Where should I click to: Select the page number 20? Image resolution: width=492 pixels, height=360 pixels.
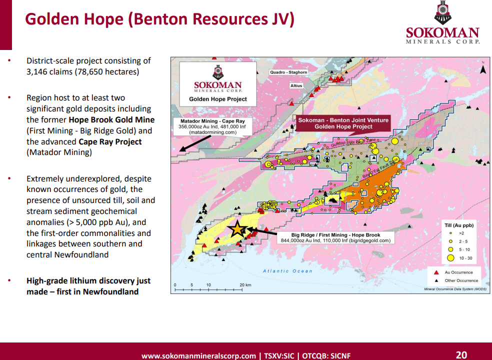(461, 354)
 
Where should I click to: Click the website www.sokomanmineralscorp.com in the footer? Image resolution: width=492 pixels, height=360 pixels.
(198, 356)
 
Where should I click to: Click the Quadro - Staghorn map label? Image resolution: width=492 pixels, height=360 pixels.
(288, 72)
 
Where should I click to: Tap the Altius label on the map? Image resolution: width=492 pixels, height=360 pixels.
(296, 86)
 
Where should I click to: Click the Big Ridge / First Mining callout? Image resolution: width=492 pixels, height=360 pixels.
(335, 237)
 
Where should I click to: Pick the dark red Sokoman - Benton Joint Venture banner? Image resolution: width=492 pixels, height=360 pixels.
(343, 123)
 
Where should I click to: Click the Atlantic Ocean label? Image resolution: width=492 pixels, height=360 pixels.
(287, 271)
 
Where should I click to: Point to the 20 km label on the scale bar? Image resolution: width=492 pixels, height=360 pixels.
(245, 285)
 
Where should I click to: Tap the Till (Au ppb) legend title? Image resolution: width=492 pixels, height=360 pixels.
(458, 225)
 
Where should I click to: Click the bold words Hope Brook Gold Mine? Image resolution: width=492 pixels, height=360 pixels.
(111, 120)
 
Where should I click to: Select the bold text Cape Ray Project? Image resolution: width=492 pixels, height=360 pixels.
(110, 142)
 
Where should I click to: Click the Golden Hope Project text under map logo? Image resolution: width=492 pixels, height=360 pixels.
(218, 99)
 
